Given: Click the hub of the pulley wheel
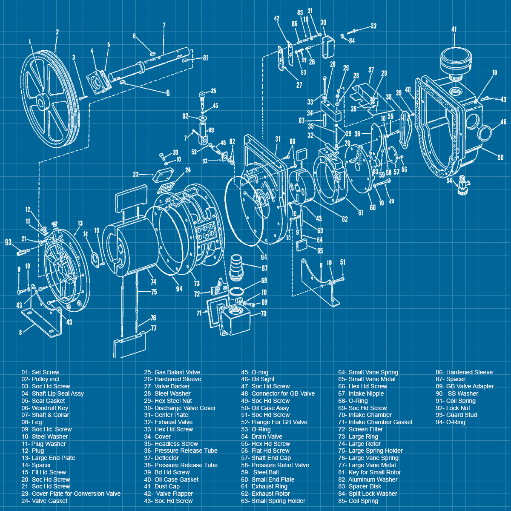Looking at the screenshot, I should pyautogui.click(x=41, y=103).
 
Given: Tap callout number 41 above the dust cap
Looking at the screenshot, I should pyautogui.click(x=454, y=29).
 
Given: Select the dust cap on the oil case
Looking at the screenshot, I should pyautogui.click(x=456, y=62).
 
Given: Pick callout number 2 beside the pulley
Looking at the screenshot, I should pyautogui.click(x=57, y=32).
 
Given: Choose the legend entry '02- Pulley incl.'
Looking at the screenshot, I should pyautogui.click(x=41, y=379).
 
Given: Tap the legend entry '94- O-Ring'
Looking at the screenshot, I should pyautogui.click(x=450, y=422).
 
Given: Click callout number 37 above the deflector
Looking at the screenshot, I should pyautogui.click(x=371, y=70).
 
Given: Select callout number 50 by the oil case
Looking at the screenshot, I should pyautogui.click(x=500, y=158).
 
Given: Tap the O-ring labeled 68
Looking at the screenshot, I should pyautogui.click(x=237, y=290).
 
